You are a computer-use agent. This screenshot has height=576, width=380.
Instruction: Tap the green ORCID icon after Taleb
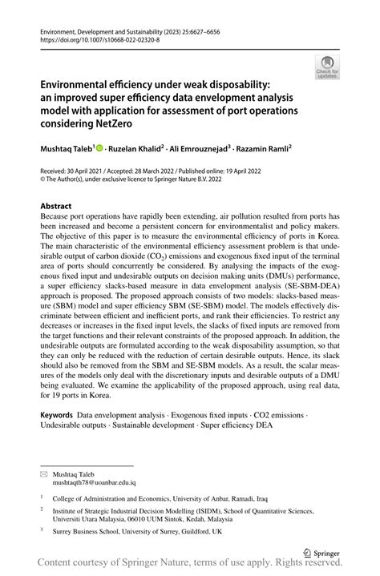[101, 148]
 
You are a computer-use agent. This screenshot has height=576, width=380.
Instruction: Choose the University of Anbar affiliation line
[160, 497]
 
